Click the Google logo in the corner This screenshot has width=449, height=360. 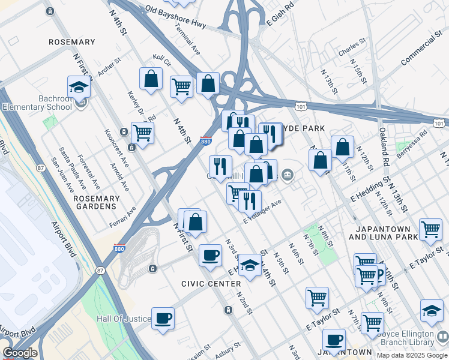coord(20,353)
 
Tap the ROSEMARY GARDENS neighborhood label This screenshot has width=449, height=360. coord(94,202)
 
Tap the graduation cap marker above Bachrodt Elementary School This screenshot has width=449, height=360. coord(79,88)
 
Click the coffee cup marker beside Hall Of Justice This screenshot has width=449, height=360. coord(163,319)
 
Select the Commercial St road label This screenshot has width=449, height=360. coord(421,52)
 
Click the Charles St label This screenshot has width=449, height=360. coord(352,47)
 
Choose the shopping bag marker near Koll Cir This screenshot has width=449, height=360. coord(151,79)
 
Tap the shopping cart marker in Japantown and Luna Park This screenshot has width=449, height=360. coord(431,229)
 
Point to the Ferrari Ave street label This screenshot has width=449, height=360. coord(122,217)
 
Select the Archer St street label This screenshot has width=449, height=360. coord(109,67)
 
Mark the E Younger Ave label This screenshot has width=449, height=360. coord(262,212)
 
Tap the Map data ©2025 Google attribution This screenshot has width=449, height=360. coord(412,355)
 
